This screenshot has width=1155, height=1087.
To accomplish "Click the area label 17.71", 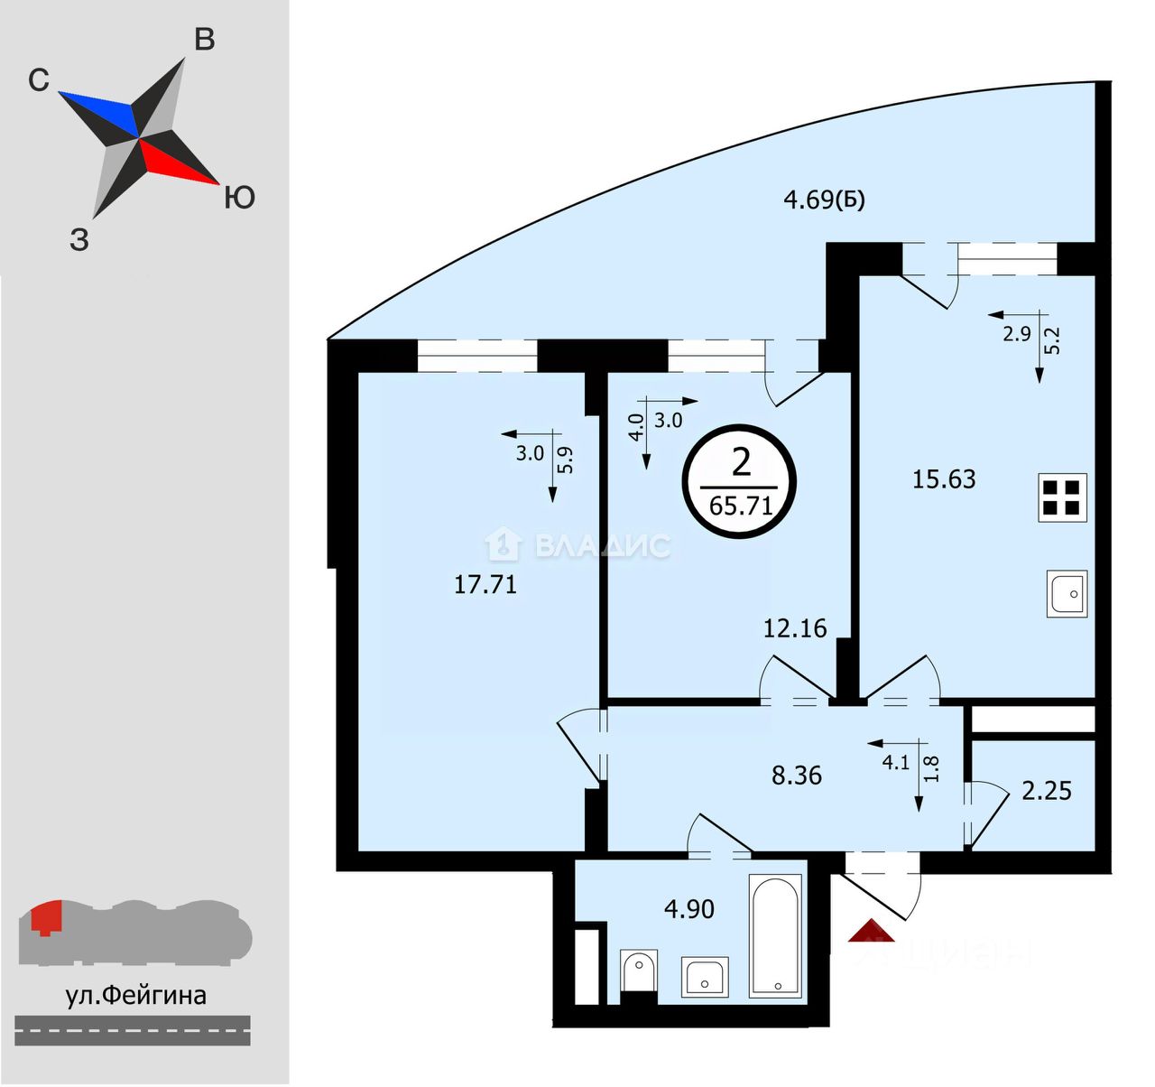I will point(485,584).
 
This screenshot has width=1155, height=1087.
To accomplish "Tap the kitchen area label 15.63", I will point(944,478).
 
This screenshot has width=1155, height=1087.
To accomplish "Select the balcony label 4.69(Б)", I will point(824,200).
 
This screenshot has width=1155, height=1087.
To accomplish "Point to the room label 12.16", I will point(795,628).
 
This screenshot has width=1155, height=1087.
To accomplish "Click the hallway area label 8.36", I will point(797,776).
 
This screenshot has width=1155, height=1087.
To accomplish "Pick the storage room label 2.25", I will point(1047,791).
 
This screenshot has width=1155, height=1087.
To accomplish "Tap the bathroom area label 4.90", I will point(689,909).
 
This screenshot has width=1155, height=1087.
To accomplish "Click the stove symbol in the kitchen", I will point(1061,497).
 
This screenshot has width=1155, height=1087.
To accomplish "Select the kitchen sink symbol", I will point(1067,593).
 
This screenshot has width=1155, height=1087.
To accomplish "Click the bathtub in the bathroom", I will point(775,935).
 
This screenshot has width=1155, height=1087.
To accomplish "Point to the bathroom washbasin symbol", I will point(705,976).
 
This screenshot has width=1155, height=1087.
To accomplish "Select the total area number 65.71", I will point(741,506).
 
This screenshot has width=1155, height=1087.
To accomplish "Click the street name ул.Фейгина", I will point(135,995).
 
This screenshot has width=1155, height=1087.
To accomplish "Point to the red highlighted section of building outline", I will point(45,918).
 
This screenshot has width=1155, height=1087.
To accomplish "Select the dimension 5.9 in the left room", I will point(565,460).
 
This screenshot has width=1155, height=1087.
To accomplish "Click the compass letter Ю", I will point(239,198).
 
